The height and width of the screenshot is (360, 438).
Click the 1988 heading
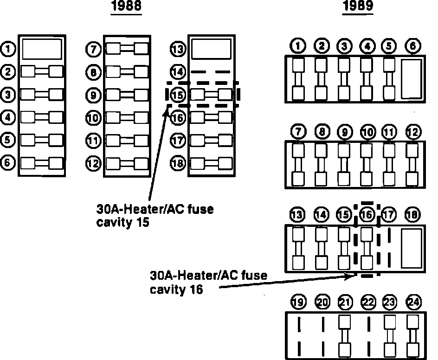tap(126, 6)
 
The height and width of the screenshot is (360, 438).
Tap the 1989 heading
tap(357, 6)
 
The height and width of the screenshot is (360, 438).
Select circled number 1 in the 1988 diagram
tap(8, 48)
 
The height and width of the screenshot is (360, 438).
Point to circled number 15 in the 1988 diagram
tap(178, 95)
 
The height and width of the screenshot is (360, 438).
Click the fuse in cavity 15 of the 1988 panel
tap(211, 95)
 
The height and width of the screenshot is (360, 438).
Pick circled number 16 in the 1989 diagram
tap(367, 215)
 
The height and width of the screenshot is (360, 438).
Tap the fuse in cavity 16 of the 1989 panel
tap(367, 248)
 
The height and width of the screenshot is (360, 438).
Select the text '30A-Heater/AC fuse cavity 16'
tap(208, 282)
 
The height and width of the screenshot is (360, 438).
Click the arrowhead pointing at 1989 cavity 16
tap(351, 275)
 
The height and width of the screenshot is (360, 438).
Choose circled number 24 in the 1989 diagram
tap(412, 303)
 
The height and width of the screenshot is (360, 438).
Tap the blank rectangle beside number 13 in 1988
tap(211, 49)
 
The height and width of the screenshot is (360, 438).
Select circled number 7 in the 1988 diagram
tap(93, 48)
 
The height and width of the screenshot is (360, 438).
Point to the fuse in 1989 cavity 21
tap(344, 335)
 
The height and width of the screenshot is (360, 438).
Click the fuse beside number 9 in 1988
tap(127, 95)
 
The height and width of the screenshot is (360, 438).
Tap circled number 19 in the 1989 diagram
tap(298, 303)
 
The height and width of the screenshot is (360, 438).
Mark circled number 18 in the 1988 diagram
tap(178, 163)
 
